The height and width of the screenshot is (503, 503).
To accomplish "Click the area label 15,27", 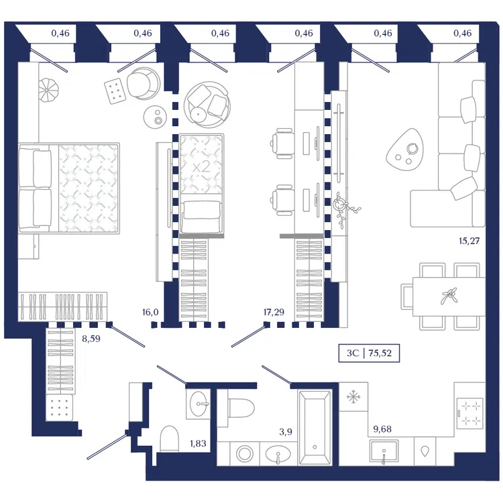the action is pos(469,241).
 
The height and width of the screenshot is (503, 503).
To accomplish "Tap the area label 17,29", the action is pos(274,312).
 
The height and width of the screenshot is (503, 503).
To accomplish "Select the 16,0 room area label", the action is pos(150,312).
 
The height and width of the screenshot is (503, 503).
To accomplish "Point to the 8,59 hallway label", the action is pos(91,339).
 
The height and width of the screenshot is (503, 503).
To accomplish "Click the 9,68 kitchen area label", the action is pos(382,429).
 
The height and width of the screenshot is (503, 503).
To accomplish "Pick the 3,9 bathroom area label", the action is pos(286,432).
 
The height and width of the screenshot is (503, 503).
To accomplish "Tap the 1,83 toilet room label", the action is pos(198,443).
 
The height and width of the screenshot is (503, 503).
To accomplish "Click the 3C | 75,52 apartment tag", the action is pos(369,353).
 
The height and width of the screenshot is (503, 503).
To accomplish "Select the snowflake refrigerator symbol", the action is pos(353,397).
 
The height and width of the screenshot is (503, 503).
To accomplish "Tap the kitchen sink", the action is pos(384,451).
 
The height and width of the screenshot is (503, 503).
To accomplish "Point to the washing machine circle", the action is pos(245,453).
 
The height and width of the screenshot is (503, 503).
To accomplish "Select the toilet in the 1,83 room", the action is pos(170,439).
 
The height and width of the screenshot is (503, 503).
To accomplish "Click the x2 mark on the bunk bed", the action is pos(201,167).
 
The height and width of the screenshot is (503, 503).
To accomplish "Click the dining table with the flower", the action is pos(449,296).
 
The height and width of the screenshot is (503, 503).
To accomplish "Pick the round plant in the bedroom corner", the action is pos(49,91).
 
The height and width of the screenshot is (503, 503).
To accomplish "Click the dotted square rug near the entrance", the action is pos(59,407).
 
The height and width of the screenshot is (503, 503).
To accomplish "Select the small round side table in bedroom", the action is pos(157,117).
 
